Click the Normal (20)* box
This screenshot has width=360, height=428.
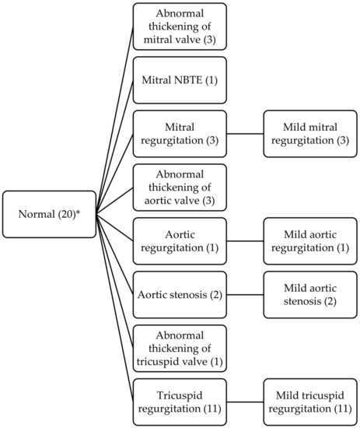pos(49,214)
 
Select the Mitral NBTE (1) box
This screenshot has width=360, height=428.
pos(180,80)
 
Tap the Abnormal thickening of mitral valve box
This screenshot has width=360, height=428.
pos(180,26)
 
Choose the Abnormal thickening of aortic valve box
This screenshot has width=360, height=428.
pos(180,188)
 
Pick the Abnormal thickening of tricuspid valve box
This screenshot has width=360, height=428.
pos(180,349)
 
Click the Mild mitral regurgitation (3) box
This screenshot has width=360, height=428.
pos(310,134)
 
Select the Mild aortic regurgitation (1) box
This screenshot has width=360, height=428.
pos(310,241)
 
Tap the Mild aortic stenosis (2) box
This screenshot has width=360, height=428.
pos(310,295)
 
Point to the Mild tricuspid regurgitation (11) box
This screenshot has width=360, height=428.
pos(310,402)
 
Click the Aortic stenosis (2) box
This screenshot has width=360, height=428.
pos(180,295)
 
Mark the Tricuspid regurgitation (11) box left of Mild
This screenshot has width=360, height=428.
pos(180,402)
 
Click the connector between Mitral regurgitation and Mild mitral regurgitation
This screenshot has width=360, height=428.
pos(245,134)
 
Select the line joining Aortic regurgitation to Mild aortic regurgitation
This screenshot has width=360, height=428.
pos(245,241)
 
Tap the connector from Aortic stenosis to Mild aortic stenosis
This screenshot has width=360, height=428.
pos(245,295)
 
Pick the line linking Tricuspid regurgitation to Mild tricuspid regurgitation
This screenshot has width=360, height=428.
pos(245,402)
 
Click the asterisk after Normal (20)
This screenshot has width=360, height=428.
pos(78,212)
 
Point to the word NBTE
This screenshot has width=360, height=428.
pos(187,80)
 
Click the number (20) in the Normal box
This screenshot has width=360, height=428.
pos(67,215)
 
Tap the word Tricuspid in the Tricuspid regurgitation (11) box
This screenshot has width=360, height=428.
pos(180,396)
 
